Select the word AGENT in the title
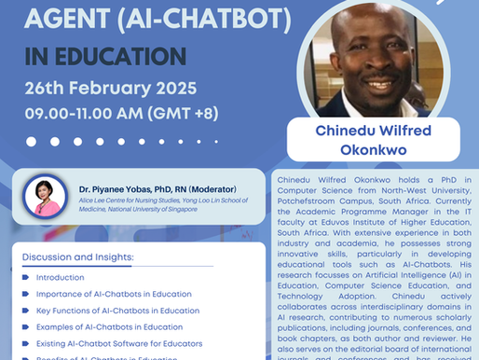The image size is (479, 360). point(62,17)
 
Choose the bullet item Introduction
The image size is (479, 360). point(60,277)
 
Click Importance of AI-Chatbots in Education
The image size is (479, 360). point(114,294)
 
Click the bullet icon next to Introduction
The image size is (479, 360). point(25,277)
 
